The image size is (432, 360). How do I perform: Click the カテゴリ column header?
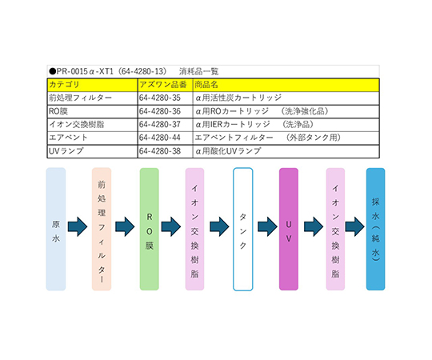pyautogui.click(x=64, y=85)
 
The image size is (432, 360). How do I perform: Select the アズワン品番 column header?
pyautogui.click(x=163, y=85)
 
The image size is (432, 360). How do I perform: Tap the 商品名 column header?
pyautogui.click(x=206, y=85)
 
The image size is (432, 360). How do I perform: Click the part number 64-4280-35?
pyautogui.click(x=160, y=98)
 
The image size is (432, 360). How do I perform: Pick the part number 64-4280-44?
pyautogui.click(x=160, y=138)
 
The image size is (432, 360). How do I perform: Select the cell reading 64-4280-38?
pyautogui.click(x=160, y=151)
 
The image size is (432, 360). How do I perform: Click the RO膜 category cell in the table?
pyautogui.click(x=58, y=111)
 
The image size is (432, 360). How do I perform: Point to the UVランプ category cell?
pyautogui.click(x=66, y=151)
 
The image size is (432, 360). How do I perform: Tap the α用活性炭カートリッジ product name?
pyautogui.click(x=238, y=98)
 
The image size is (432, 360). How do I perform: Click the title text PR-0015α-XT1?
pyautogui.click(x=85, y=72)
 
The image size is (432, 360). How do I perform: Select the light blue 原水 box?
pyautogui.click(x=56, y=229)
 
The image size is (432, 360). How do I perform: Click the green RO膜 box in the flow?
pyautogui.click(x=150, y=229)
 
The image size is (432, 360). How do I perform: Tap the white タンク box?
pyautogui.click(x=243, y=229)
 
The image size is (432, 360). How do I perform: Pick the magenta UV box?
pyautogui.click(x=289, y=229)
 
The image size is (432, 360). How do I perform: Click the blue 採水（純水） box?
pyautogui.click(x=375, y=229)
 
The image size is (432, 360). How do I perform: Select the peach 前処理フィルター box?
pyautogui.click(x=102, y=229)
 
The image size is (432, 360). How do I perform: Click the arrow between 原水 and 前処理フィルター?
pyautogui.click(x=78, y=226)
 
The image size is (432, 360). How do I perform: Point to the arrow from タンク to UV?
pyautogui.click(x=267, y=226)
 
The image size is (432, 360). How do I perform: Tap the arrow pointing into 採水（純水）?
pyautogui.click(x=355, y=226)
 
